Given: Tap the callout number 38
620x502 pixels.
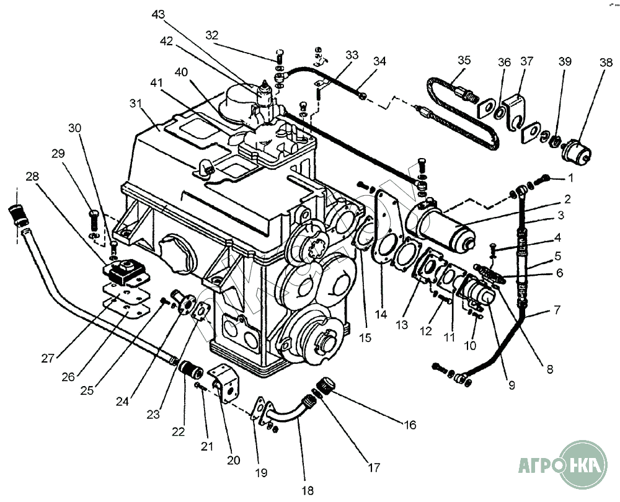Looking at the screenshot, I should (x=581, y=62).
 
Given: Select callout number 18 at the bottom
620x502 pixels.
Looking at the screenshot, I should (x=308, y=490).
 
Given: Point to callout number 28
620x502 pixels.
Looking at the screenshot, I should (x=32, y=177).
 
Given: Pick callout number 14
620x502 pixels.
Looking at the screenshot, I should (x=381, y=314).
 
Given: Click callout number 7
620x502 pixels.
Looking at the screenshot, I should (x=556, y=309).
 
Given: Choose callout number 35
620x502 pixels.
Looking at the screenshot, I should (x=464, y=60).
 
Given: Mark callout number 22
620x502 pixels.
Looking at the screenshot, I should (x=179, y=432).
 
